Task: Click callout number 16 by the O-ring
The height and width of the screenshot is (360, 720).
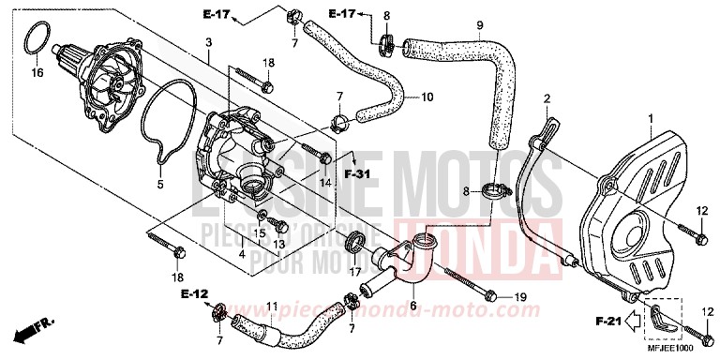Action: (x=37, y=72)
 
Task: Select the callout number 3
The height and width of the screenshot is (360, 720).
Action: (x=208, y=42)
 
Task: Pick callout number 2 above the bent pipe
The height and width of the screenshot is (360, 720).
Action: (x=545, y=97)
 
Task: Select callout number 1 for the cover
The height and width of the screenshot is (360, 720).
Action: (x=648, y=118)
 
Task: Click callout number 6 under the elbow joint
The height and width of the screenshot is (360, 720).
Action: (x=412, y=306)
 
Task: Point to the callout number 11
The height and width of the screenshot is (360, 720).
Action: (x=272, y=306)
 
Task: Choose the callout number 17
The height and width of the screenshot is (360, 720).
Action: (x=354, y=273)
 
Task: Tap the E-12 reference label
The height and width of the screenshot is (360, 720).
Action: (x=193, y=293)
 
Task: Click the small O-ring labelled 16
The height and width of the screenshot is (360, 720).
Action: (x=36, y=41)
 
